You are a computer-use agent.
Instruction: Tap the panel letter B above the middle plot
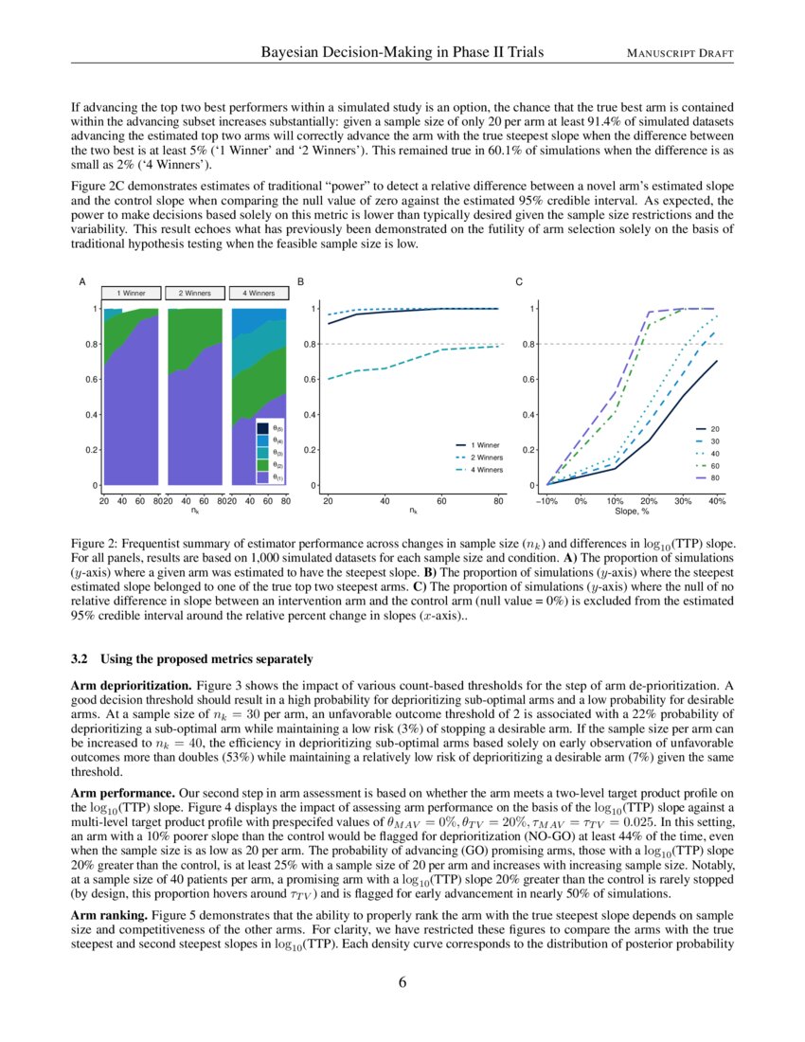pyautogui.click(x=301, y=282)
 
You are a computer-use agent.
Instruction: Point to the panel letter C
pyautogui.click(x=517, y=282)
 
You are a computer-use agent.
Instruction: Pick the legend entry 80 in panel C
pyautogui.click(x=715, y=478)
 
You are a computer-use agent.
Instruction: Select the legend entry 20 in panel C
pyautogui.click(x=715, y=429)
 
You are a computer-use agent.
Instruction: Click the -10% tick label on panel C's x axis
pyautogui.click(x=546, y=500)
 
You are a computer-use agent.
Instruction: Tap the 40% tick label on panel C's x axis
pyautogui.click(x=717, y=500)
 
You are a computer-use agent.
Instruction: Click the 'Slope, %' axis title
pyautogui.click(x=632, y=511)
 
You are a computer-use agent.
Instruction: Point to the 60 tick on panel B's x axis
pyautogui.click(x=441, y=500)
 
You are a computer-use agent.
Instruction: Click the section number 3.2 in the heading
pyautogui.click(x=80, y=658)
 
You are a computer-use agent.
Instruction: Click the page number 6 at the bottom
pyautogui.click(x=402, y=980)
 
